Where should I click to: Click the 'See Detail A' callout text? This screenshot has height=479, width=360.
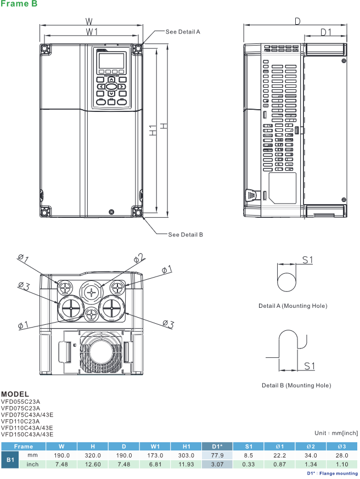click(x=183, y=32)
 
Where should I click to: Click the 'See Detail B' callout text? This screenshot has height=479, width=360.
click(x=185, y=234)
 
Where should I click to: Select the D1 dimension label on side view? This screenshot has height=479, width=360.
click(x=326, y=32)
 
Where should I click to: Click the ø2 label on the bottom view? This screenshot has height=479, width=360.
click(x=139, y=257)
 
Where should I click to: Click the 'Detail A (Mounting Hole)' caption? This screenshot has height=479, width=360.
click(x=292, y=306)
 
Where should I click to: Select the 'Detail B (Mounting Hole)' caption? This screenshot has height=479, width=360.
click(x=296, y=385)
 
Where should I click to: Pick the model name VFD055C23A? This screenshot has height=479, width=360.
click(x=20, y=402)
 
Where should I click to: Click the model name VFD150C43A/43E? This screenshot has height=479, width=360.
click(x=27, y=435)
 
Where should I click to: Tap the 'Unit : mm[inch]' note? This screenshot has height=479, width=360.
click(x=336, y=433)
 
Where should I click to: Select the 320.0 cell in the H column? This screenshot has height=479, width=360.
click(x=93, y=455)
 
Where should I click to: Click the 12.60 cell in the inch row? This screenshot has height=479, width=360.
click(x=93, y=465)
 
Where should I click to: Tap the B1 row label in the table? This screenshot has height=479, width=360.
click(x=9, y=460)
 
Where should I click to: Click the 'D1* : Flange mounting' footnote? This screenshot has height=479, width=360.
click(x=332, y=474)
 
